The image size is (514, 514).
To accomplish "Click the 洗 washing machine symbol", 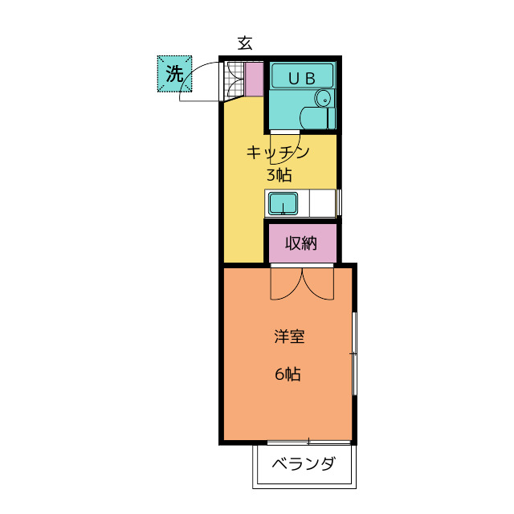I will coord(174,74).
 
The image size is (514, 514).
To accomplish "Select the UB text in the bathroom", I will coord(301,78).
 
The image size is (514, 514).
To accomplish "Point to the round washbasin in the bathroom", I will coord(323,99).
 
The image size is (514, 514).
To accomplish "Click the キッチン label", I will coord(278,152).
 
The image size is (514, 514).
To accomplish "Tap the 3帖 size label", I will coord(279,174).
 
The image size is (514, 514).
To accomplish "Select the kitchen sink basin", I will coord(282,203).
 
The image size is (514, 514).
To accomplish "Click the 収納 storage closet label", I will coord(300,243).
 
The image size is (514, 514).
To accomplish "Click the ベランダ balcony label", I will coord(303,465).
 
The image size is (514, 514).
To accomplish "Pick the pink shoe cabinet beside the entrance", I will coord(254,77).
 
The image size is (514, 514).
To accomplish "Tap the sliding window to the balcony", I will coord(309,442).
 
